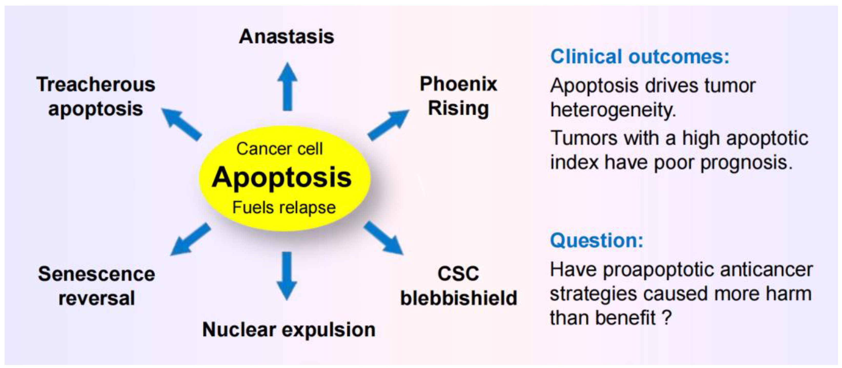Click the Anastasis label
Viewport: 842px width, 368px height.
(286, 37)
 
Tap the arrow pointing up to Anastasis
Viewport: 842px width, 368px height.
(287, 87)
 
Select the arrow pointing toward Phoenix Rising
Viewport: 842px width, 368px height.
(388, 125)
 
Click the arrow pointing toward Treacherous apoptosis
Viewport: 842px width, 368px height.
(182, 124)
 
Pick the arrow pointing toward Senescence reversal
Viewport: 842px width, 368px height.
(190, 239)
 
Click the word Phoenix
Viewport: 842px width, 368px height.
(458, 84)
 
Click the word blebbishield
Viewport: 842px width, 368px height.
(459, 298)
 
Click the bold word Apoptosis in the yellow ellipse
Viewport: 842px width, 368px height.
(282, 177)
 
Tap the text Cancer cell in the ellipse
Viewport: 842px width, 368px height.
(279, 149)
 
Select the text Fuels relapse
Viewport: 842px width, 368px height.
(284, 208)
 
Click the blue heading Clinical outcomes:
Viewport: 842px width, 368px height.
(640, 57)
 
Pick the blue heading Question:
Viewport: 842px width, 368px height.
(596, 241)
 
